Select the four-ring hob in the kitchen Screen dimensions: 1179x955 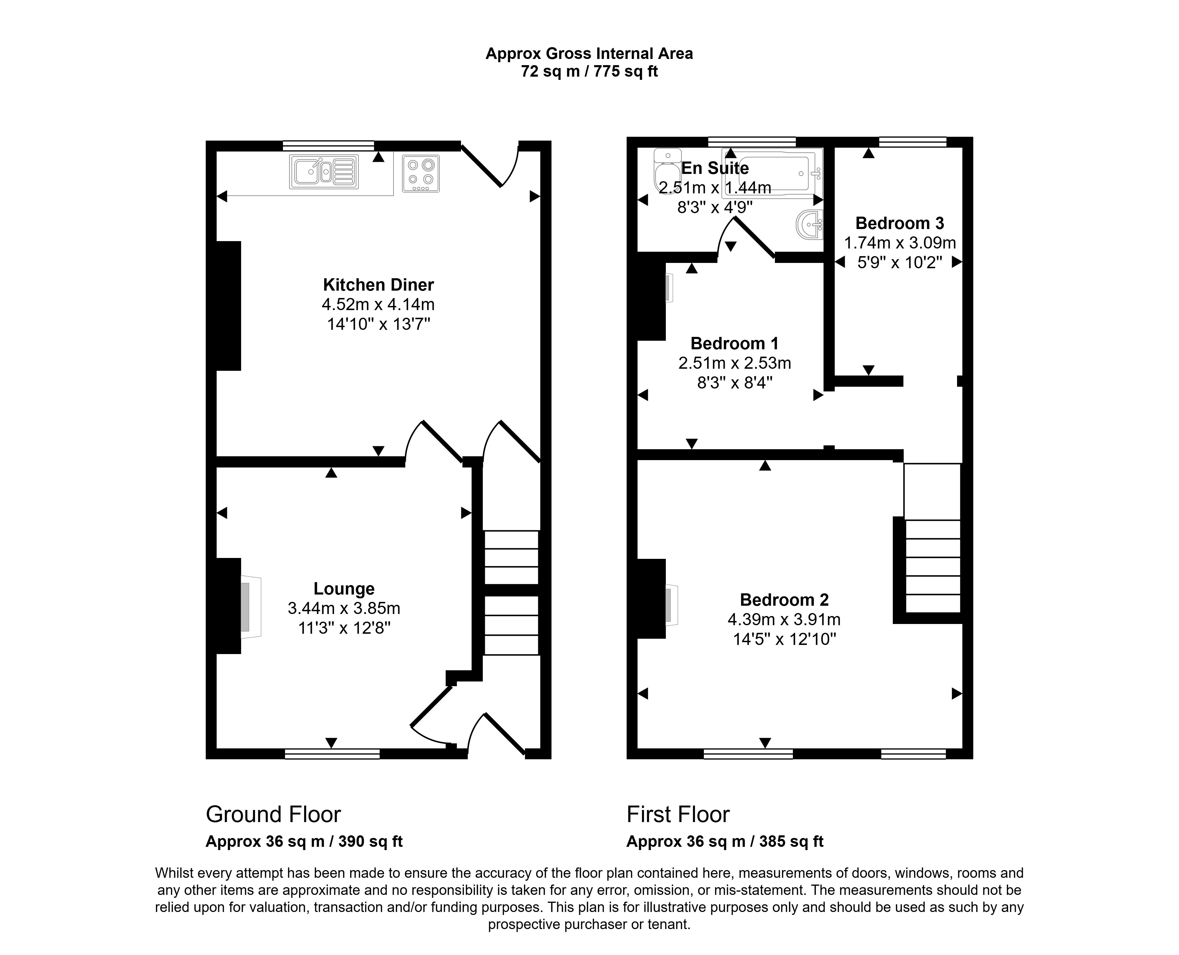pos(421,173)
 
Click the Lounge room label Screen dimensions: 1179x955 pos(344,589)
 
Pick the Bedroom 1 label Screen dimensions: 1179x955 pos(735,343)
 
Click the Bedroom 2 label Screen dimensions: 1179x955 pos(784,600)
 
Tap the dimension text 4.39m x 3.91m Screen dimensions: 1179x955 pos(784,620)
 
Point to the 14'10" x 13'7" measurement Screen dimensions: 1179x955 pos(378,324)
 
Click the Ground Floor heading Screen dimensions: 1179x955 pos(274,814)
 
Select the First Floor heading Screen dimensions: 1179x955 pos(678,814)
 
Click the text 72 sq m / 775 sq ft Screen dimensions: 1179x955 pos(589,72)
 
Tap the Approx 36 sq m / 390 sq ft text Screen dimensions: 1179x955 pos(304,842)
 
